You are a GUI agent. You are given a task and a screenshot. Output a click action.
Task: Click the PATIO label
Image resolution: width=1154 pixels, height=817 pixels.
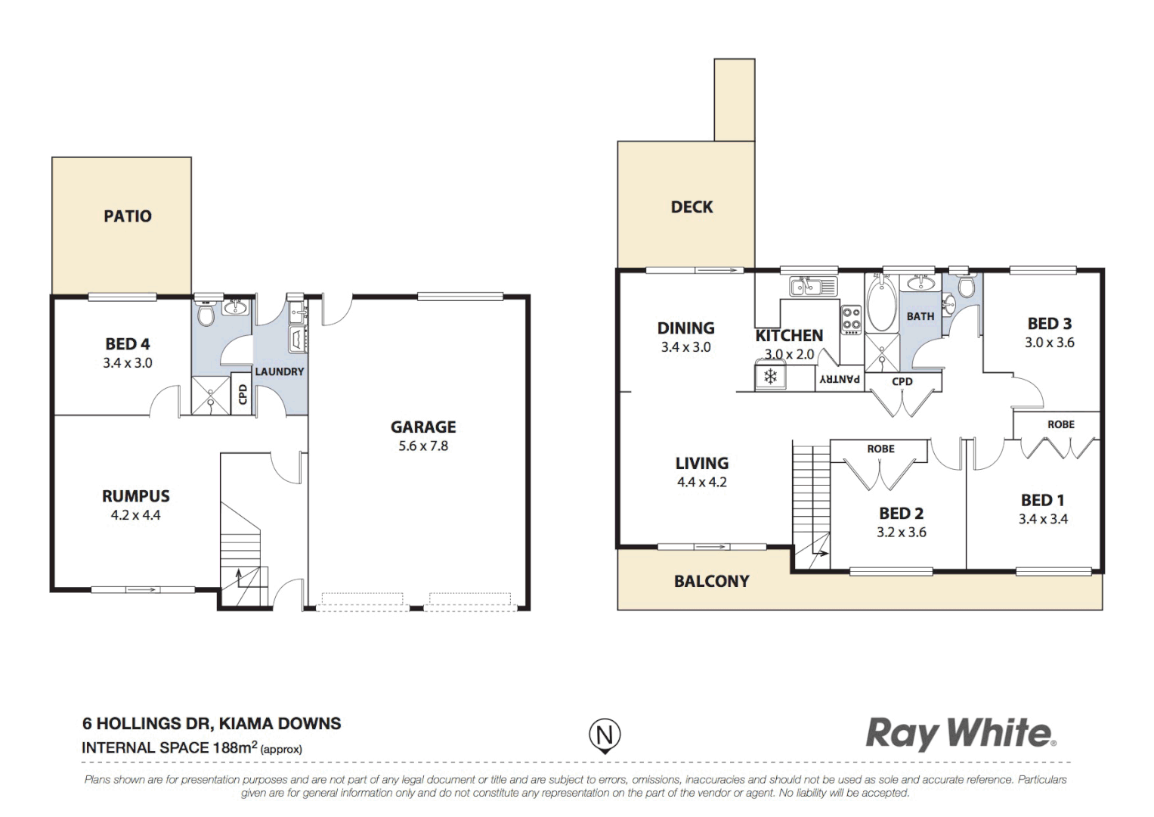tap(127, 216)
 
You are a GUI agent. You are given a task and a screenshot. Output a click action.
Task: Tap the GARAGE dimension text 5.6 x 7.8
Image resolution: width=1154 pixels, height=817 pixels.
tap(423, 446)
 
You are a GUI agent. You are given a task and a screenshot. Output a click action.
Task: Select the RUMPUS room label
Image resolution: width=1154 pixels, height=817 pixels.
tap(136, 496)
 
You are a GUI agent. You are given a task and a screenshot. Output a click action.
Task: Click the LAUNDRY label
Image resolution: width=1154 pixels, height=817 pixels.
tap(279, 371)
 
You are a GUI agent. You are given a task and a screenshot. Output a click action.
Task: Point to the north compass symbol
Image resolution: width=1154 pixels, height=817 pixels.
tap(605, 735)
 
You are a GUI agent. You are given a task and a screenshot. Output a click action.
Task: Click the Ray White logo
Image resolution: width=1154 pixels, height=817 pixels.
tap(960, 734)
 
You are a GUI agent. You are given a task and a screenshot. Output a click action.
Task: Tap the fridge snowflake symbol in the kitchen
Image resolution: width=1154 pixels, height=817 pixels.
tap(770, 376)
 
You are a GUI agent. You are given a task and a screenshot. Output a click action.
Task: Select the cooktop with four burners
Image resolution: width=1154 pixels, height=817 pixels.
tap(852, 320)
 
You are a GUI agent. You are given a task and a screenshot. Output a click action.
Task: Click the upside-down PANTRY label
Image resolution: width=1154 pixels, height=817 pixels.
tap(840, 379)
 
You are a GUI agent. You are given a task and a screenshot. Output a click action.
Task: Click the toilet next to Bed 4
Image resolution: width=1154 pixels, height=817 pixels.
tap(206, 312)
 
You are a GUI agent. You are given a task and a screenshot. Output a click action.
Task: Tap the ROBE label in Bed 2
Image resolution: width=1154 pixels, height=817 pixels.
tap(880, 449)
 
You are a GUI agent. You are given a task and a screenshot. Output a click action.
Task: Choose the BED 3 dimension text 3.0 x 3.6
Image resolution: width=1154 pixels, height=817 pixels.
tap(1049, 343)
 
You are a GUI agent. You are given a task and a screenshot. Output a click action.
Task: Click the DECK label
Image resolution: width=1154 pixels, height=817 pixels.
tap(691, 207)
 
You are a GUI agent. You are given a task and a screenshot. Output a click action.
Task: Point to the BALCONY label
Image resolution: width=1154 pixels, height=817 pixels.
tap(711, 581)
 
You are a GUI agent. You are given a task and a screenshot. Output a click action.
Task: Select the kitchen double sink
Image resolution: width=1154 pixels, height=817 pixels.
tap(812, 287)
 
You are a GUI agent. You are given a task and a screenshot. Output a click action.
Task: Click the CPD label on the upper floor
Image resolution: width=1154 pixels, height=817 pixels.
tap(902, 381)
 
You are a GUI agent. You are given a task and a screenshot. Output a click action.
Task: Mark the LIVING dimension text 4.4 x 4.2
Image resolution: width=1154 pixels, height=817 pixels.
tap(701, 483)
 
